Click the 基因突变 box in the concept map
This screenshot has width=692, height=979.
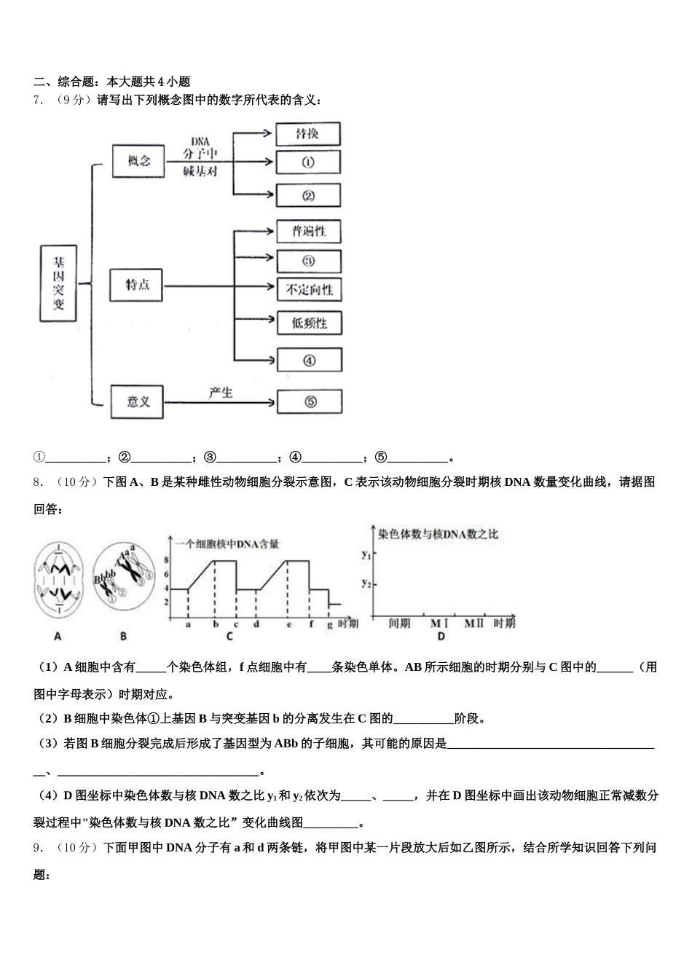tap(58, 283)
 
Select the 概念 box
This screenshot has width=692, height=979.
tap(138, 161)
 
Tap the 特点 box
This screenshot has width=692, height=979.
tap(137, 285)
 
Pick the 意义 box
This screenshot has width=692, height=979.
tap(138, 401)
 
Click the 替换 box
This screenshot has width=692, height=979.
tap(307, 134)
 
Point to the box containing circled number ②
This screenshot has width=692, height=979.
tap(307, 195)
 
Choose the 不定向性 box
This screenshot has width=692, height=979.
tap(309, 290)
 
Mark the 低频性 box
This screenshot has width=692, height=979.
tap(309, 323)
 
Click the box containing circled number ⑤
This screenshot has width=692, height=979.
tap(310, 401)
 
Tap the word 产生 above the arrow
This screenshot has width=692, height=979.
tap(220, 393)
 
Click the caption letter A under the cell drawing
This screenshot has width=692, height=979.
tap(58, 636)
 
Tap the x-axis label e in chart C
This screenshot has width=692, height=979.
tap(288, 624)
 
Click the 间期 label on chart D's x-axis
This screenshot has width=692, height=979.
tap(399, 624)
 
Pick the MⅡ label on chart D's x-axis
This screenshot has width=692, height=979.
tap(473, 624)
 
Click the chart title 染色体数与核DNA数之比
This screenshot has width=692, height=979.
tap(438, 535)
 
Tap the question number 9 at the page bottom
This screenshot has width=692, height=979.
tap(37, 847)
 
